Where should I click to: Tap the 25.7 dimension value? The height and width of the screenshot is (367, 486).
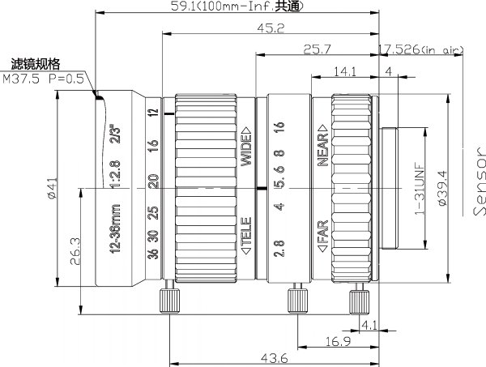coord(317,49)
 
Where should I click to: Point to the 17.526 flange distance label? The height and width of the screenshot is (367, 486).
coord(420,49)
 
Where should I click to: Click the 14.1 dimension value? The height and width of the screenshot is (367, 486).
coord(345,71)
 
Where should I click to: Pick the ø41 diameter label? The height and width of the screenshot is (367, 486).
coord(53,188)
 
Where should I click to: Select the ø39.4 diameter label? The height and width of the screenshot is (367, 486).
coord(442,188)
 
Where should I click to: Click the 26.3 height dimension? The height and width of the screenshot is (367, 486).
coord(75,251)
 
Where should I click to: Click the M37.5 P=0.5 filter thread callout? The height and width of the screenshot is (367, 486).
coord(43,79)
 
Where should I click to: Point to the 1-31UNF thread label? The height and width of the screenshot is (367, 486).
coord(420,189)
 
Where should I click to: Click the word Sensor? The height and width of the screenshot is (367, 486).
coord(480,181)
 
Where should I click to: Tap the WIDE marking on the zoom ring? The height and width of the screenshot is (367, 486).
coord(246,147)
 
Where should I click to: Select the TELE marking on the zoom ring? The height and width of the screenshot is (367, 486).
coord(246,236)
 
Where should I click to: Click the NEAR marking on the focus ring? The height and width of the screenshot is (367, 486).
coord(323,145)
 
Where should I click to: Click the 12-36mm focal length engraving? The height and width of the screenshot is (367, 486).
coord(115,228)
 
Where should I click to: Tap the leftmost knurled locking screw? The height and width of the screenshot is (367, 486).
coord(169,297)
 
